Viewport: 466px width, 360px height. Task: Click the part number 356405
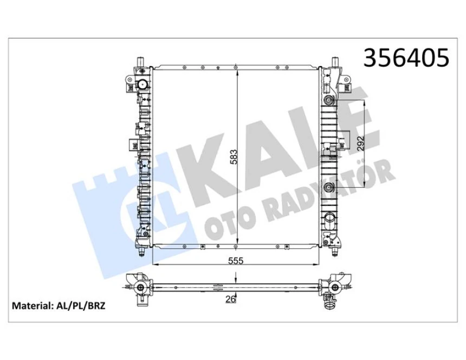coord(406,58)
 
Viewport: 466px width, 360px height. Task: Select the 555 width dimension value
coord(236,261)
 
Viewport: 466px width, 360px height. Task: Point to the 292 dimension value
coord(361,143)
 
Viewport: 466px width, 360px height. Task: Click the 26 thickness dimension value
coord(231,299)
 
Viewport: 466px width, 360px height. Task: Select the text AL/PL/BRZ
coord(80,306)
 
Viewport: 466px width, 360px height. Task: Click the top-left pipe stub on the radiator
coord(140,62)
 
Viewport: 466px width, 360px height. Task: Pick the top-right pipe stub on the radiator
coord(335,62)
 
